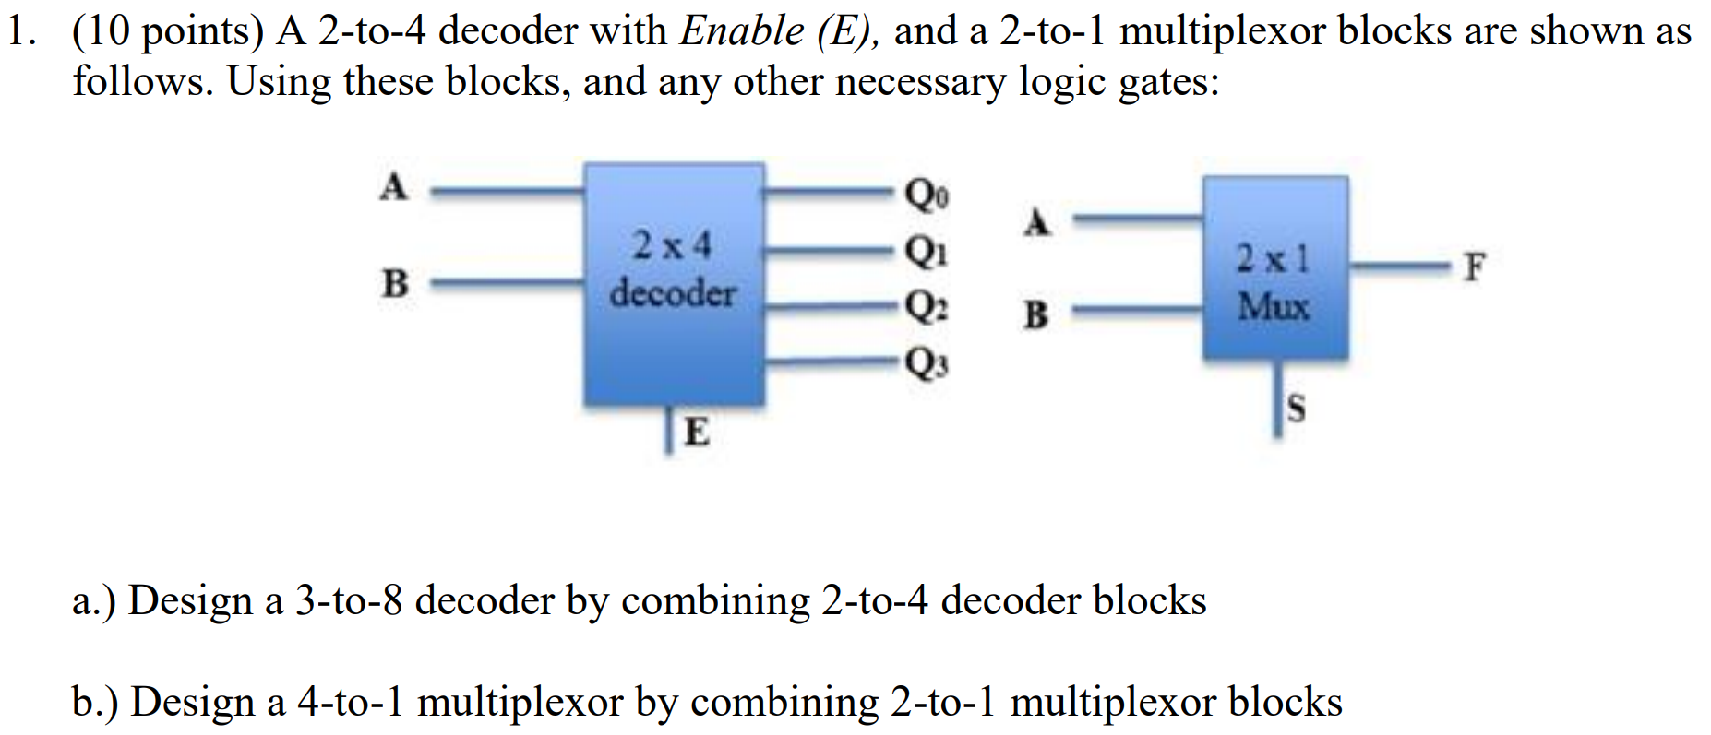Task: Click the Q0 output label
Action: tap(927, 195)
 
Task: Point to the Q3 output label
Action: tap(927, 363)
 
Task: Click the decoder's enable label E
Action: tap(697, 431)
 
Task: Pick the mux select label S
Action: tap(1296, 408)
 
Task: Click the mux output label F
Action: tap(1475, 267)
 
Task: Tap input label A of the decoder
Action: tap(394, 187)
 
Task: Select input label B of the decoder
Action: tap(395, 283)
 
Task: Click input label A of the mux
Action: tap(1037, 222)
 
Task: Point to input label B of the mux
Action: tap(1036, 315)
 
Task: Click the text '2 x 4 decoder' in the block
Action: tap(673, 270)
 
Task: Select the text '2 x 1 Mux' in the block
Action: tap(1274, 282)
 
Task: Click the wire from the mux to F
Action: tap(1398, 267)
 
